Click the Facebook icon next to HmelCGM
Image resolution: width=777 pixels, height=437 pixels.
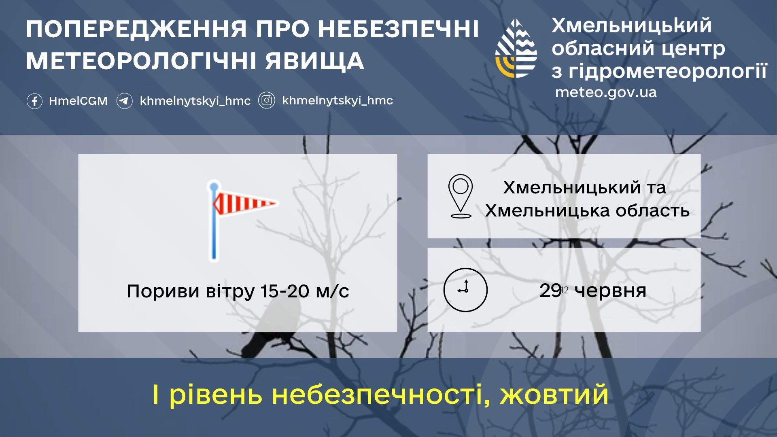(x=34, y=101)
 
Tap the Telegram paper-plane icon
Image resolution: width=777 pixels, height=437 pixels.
(x=124, y=101)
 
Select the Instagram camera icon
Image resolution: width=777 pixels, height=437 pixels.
(x=267, y=101)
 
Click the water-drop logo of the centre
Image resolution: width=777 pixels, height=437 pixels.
(x=516, y=48)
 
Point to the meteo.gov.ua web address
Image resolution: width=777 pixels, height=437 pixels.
(x=606, y=92)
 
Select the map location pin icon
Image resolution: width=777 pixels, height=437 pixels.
(x=461, y=197)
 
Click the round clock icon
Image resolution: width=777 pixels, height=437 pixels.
(x=465, y=290)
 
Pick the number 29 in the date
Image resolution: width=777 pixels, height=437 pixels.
(x=550, y=291)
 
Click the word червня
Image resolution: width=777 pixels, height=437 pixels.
(x=610, y=291)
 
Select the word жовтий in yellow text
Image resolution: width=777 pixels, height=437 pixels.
(x=554, y=394)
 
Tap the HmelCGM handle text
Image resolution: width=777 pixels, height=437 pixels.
(x=78, y=101)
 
